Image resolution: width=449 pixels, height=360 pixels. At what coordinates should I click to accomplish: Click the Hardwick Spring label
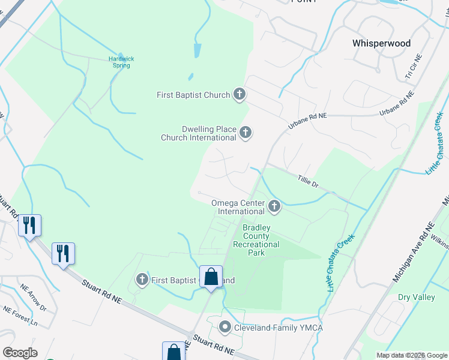pos(121,62)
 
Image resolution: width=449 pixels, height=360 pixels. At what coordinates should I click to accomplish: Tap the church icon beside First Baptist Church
pos(240,94)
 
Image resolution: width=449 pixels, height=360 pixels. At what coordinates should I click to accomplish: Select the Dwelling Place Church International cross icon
pos(245,133)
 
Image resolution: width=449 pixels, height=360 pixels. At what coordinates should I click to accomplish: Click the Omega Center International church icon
pos(274,207)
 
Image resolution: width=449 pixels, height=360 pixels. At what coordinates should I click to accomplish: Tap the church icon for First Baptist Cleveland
pos(142,280)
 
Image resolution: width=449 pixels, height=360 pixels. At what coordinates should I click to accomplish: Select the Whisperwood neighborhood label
pos(381,43)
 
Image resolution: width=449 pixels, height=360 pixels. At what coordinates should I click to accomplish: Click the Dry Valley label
pos(416,297)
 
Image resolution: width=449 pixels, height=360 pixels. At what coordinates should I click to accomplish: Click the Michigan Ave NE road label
pos(413,254)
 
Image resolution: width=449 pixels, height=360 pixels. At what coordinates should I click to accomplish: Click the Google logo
pos(20,353)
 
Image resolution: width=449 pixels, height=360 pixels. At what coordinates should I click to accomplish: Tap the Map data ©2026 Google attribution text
pos(411,355)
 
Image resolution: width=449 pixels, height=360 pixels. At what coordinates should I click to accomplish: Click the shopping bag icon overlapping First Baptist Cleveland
pos(211,278)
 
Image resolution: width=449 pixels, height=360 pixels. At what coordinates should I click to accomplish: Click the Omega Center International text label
pos(238,207)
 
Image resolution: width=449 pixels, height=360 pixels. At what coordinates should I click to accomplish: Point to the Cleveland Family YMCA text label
pos(271,328)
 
